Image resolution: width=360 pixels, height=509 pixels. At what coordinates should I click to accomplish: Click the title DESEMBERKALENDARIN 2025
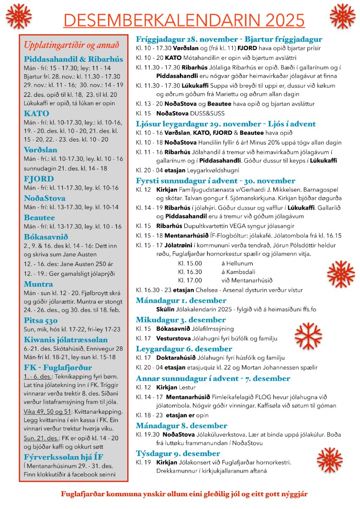tap(184, 20)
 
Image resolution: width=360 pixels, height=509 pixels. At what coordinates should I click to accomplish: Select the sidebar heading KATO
tap(36, 114)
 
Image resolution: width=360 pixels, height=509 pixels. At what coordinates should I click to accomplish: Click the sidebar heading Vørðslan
tap(41, 150)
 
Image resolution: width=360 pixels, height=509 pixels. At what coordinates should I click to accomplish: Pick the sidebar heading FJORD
tap(39, 179)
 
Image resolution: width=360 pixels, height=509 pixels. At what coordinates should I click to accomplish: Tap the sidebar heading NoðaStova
tap(45, 198)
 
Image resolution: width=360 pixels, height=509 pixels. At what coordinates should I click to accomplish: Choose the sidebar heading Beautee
tap(39, 218)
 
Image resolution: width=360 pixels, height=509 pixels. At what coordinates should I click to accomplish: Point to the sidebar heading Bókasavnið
tap(46, 237)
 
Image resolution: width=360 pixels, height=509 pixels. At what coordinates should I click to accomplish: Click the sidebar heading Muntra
tap(38, 284)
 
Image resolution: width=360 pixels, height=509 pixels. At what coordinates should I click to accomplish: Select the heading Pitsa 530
tap(41, 320)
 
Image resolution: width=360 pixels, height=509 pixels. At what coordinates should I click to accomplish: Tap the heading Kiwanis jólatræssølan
tap(66, 340)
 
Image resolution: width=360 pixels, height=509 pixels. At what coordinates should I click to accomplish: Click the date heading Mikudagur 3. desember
tap(181, 320)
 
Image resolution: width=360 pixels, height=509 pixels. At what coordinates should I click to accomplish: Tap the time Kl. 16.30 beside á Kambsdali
tap(190, 272)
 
